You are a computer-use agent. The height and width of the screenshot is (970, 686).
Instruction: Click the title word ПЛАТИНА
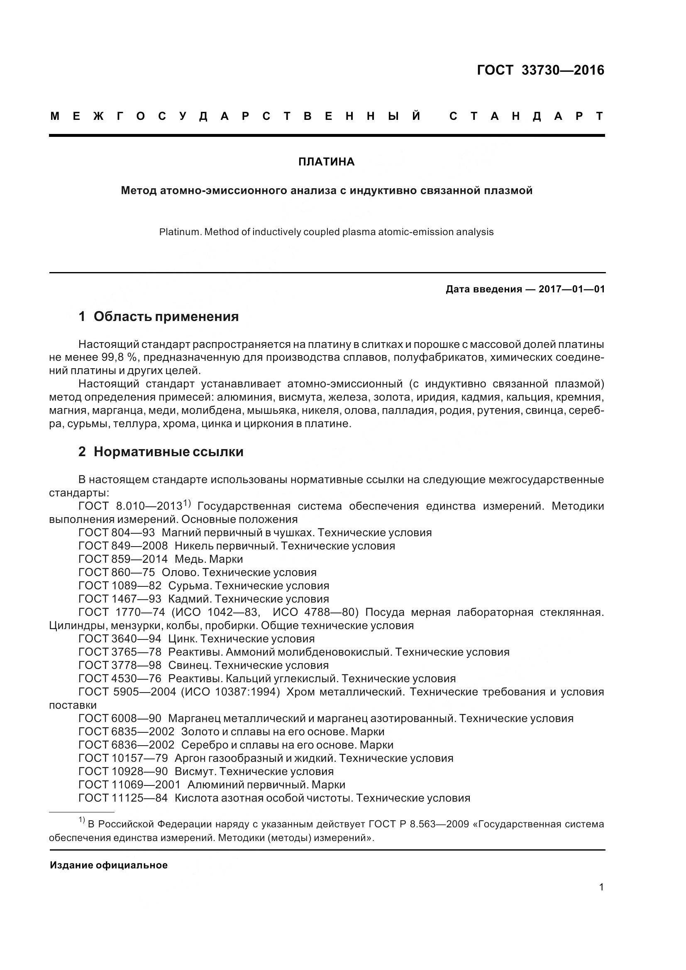coord(326,162)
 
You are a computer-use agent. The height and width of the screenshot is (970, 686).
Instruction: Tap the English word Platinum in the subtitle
coord(180,232)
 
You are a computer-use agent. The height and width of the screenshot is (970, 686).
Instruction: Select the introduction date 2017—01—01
coord(571,289)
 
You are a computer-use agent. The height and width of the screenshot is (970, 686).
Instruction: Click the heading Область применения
coord(166,316)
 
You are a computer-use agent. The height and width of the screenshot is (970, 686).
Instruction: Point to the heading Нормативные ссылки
coord(168,452)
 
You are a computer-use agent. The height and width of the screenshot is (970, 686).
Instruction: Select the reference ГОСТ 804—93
coord(117,532)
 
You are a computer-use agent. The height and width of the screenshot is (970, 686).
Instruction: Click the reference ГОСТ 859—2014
coord(123,559)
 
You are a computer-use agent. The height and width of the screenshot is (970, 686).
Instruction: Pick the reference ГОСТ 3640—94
coord(120,638)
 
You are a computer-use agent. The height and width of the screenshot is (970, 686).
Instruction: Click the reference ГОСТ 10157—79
coord(123,758)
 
